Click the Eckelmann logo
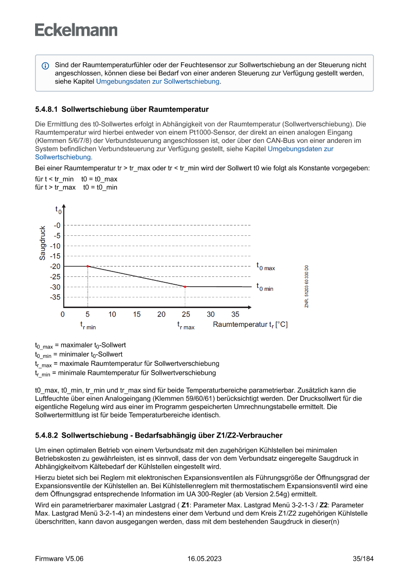tap(76, 30)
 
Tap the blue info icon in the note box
tap(45, 65)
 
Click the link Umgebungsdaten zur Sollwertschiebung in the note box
tap(158, 81)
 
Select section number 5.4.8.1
tap(46, 109)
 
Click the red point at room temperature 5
tap(88, 266)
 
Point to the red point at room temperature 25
tap(185, 287)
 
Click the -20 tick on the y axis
tap(55, 267)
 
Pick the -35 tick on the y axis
tap(55, 297)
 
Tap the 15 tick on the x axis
tap(136, 314)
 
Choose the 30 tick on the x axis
tap(211, 314)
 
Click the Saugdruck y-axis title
tap(43, 243)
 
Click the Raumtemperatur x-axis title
tap(250, 325)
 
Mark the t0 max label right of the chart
tap(266, 267)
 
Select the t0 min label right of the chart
tap(265, 287)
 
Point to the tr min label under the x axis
tap(88, 326)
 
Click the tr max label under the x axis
tap(186, 326)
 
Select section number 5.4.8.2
tap(46, 436)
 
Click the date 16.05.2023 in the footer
tap(204, 559)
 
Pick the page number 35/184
tap(363, 559)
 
